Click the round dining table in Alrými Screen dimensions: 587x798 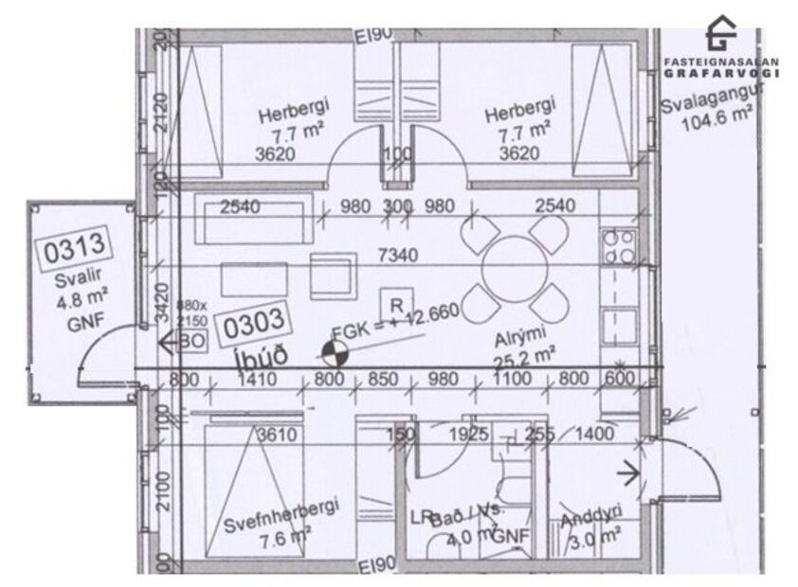pyautogui.click(x=513, y=269)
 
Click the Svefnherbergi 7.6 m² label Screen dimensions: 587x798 pyautogui.click(x=281, y=523)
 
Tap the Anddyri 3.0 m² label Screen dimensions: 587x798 pyautogui.click(x=590, y=529)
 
